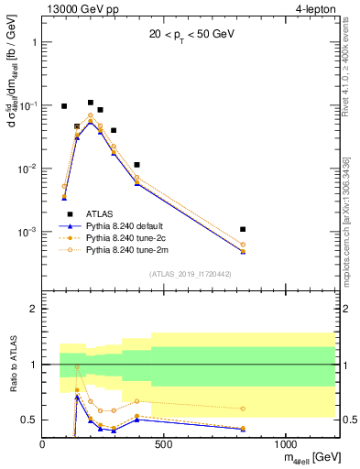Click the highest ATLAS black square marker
click(x=91, y=103)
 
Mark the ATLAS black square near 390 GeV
click(x=136, y=165)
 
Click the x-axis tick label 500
click(x=164, y=445)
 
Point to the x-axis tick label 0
click(x=42, y=445)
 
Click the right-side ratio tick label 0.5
click(x=349, y=420)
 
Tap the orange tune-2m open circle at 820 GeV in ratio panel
click(x=243, y=409)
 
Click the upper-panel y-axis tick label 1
click(x=33, y=42)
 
